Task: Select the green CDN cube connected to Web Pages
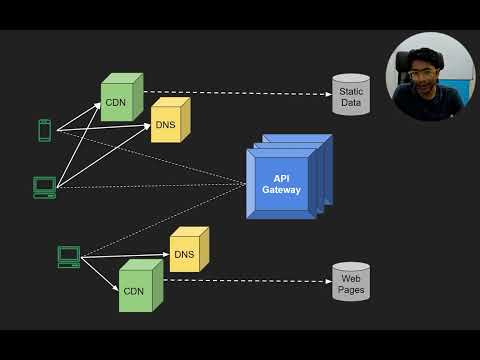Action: coord(137,286)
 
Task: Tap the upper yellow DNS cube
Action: coord(167,123)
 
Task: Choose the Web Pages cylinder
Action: coord(351,283)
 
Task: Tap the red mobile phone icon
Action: coord(44,130)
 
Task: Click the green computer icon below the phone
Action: coord(44,187)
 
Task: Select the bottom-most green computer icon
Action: coord(68,257)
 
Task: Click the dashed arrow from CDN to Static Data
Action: coord(240,94)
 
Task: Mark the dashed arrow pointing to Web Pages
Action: coord(250,281)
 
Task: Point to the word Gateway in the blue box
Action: coord(281,190)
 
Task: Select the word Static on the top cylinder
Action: coord(351,90)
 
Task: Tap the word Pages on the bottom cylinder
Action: coord(351,290)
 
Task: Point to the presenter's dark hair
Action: coord(427,50)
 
